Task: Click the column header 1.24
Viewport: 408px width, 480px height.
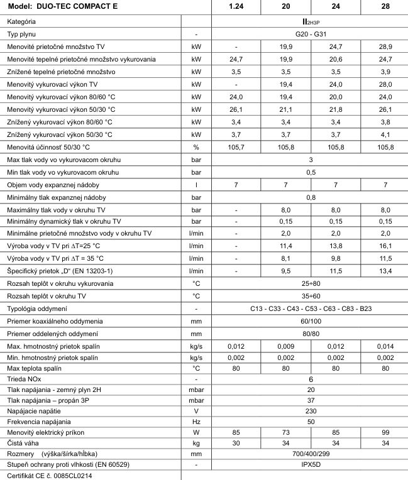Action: pyautogui.click(x=236, y=6)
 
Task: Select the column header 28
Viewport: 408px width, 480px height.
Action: pyautogui.click(x=384, y=6)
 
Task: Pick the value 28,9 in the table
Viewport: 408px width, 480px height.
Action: pyautogui.click(x=384, y=46)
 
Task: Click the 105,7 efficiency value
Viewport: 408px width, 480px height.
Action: pyautogui.click(x=236, y=146)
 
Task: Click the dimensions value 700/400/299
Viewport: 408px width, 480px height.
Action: pyautogui.click(x=311, y=453)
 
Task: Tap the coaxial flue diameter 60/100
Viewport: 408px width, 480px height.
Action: pyautogui.click(x=311, y=321)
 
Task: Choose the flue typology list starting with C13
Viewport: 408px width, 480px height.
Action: pyautogui.click(x=311, y=310)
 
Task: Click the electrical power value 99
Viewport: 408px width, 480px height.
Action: pyautogui.click(x=384, y=432)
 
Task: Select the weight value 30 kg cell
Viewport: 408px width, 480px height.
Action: pyautogui.click(x=236, y=443)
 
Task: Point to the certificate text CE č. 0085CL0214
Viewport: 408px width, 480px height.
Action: pyautogui.click(x=50, y=476)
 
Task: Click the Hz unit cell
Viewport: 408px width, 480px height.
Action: pyautogui.click(x=196, y=422)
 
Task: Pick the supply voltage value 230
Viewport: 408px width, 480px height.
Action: pyautogui.click(x=311, y=411)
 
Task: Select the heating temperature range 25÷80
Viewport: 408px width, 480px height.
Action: pyautogui.click(x=311, y=285)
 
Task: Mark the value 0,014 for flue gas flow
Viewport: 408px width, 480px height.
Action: pyautogui.click(x=384, y=346)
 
